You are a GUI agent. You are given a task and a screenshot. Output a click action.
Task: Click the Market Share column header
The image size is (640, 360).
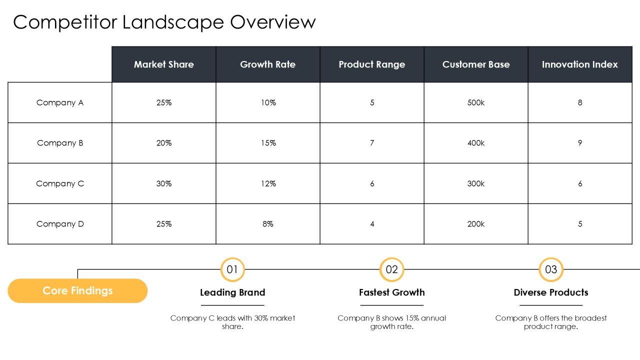(x=163, y=64)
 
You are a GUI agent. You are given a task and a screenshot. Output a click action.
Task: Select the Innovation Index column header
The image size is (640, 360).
(x=580, y=64)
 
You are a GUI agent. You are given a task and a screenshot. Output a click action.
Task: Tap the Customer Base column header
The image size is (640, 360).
(x=476, y=64)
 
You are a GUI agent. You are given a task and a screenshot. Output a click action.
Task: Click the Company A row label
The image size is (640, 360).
(x=60, y=102)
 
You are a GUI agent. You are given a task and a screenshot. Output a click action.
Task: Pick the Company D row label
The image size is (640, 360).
(x=60, y=223)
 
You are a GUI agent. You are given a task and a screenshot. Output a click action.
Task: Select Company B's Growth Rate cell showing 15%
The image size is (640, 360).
(x=268, y=143)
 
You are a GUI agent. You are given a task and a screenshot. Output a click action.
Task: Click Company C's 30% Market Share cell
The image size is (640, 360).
(x=163, y=183)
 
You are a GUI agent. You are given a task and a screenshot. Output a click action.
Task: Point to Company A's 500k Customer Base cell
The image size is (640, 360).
(x=476, y=102)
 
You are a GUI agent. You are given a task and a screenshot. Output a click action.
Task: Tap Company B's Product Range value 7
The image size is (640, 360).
(x=372, y=143)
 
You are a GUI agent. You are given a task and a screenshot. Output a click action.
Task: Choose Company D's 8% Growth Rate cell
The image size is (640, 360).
(x=268, y=223)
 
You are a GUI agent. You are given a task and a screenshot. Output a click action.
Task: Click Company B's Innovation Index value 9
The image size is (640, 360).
(x=580, y=143)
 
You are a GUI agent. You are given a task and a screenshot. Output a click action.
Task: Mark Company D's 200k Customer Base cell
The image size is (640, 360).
(x=476, y=223)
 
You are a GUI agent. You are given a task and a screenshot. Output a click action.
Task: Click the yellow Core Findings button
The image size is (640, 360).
(x=77, y=291)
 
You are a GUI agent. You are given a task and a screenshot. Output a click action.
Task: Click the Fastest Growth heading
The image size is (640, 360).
(x=391, y=292)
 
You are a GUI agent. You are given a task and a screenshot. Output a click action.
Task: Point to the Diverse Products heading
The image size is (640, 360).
(x=551, y=292)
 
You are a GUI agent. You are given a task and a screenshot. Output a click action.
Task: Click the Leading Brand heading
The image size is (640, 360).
(x=232, y=292)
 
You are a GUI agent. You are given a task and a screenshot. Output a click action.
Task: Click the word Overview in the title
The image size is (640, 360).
(x=273, y=22)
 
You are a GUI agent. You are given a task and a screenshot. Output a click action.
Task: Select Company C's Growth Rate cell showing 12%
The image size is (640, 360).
(x=268, y=183)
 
